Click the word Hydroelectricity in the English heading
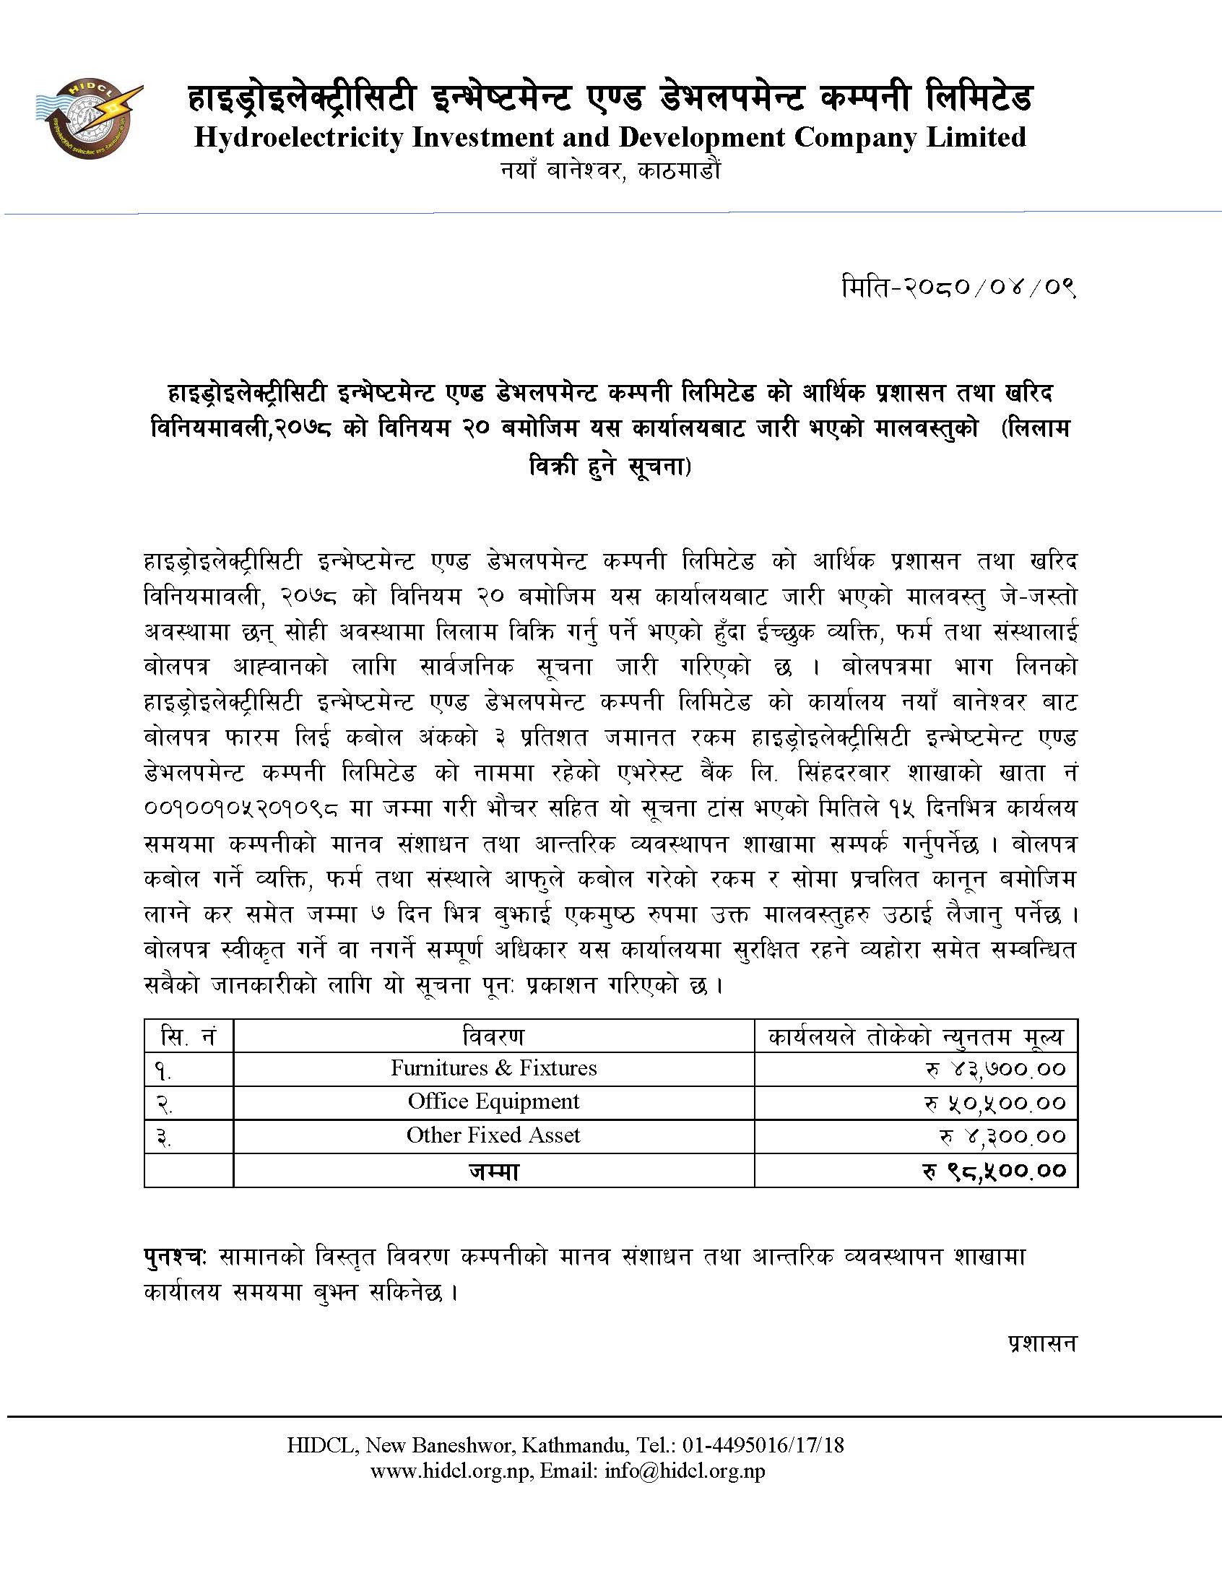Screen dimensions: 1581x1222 (298, 137)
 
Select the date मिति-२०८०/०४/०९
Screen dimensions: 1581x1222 (958, 288)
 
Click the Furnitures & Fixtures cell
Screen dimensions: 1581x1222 (494, 1067)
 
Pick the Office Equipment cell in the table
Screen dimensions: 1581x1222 (494, 1101)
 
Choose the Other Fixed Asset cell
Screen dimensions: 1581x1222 (494, 1135)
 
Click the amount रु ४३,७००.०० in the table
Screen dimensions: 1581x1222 (996, 1069)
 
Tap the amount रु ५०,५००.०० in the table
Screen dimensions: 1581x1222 (994, 1102)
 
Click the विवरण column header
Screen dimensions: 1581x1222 (494, 1036)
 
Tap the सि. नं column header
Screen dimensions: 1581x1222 (188, 1036)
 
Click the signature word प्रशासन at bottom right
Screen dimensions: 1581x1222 (1042, 1343)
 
